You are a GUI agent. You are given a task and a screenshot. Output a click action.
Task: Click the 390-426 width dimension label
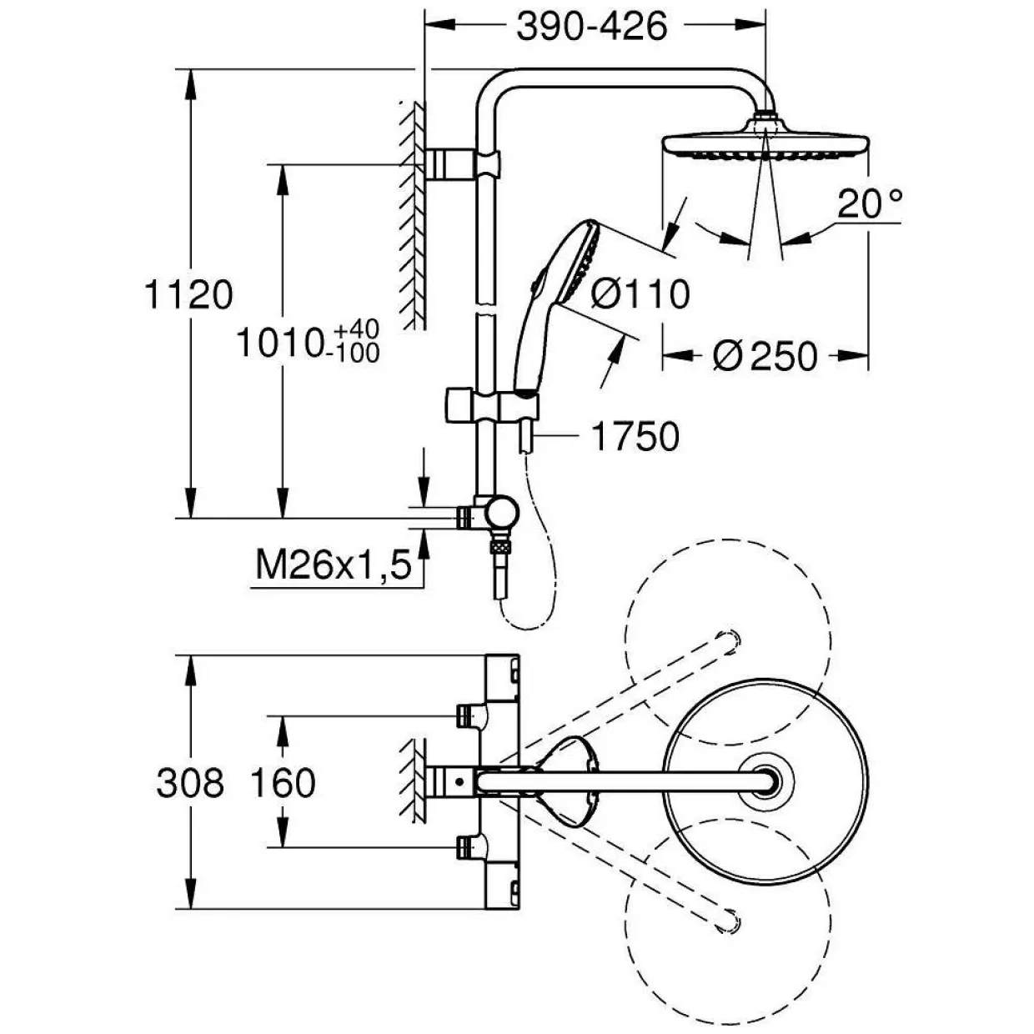click(x=592, y=26)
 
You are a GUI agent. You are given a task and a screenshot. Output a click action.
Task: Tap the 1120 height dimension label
click(x=189, y=294)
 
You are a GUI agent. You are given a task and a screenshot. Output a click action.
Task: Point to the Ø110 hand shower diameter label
click(x=640, y=294)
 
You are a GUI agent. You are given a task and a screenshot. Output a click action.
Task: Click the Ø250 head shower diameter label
click(x=765, y=356)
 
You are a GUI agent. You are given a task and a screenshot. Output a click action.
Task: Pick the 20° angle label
click(x=870, y=203)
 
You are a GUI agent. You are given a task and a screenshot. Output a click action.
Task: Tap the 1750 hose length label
click(x=635, y=436)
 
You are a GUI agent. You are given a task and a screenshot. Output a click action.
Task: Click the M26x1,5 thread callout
click(x=334, y=565)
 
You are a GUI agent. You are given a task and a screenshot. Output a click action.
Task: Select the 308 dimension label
click(x=190, y=782)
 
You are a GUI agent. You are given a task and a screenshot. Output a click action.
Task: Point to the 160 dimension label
click(x=283, y=782)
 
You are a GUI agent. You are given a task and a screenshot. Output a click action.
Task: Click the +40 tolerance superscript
click(x=357, y=329)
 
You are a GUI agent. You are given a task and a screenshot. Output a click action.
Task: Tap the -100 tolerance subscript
click(x=356, y=353)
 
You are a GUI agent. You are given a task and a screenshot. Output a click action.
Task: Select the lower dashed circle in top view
click(x=728, y=922)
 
